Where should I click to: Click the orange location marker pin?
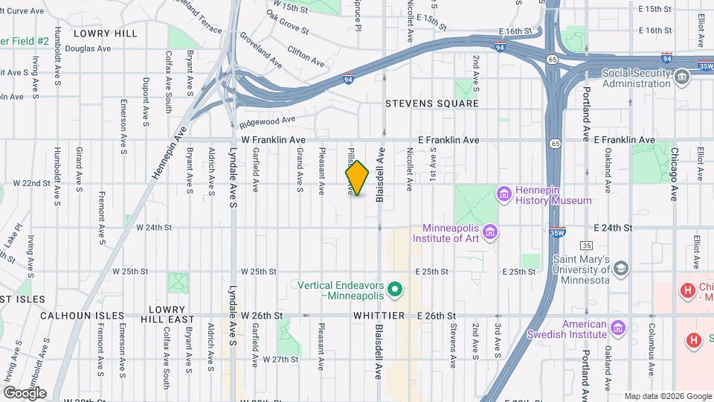pos(357,178)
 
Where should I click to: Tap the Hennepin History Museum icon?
pos(504,194)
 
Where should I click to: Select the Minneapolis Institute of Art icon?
pos(489,233)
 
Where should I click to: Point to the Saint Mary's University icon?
pos(621,268)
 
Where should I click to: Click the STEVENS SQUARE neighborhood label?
pos(431,103)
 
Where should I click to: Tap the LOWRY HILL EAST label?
pos(167,313)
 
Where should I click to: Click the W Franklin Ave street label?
pos(273,140)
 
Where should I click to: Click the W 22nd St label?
pos(30,183)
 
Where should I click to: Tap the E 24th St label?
pos(613,228)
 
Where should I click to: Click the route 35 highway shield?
pos(587,246)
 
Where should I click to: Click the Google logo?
pos(25,392)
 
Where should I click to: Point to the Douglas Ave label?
pos(88,48)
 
